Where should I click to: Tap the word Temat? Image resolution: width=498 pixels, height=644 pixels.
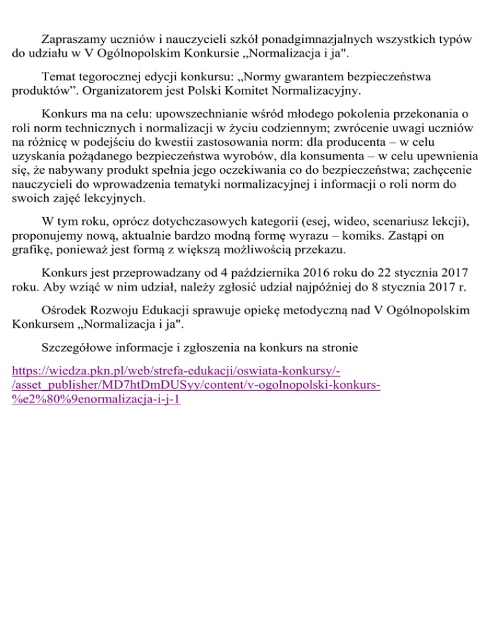56,76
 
